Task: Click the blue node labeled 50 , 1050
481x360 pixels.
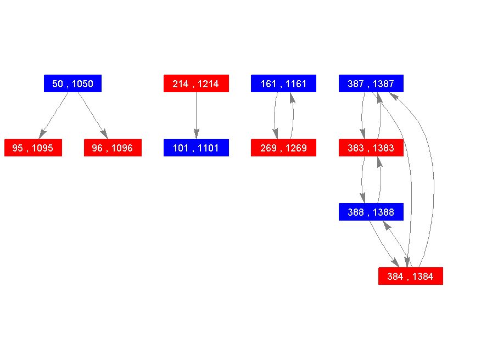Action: pyautogui.click(x=72, y=83)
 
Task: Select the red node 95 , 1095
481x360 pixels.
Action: pyautogui.click(x=33, y=148)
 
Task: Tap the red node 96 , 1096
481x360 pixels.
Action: pyautogui.click(x=113, y=148)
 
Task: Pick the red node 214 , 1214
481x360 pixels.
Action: pyautogui.click(x=196, y=83)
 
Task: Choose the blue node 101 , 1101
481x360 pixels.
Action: pyautogui.click(x=196, y=148)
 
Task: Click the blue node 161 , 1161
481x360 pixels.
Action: pyautogui.click(x=283, y=83)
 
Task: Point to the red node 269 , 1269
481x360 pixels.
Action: pyautogui.click(x=283, y=148)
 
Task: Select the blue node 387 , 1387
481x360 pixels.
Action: pyautogui.click(x=371, y=83)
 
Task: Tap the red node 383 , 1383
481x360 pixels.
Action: pyautogui.click(x=371, y=148)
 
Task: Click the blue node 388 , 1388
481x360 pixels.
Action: pyautogui.click(x=371, y=212)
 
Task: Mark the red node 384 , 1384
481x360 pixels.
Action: pyautogui.click(x=411, y=276)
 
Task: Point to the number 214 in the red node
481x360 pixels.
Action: pyautogui.click(x=181, y=84)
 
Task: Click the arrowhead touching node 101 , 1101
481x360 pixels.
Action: pyautogui.click(x=196, y=134)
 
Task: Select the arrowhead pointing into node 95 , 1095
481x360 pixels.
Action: pyautogui.click(x=42, y=134)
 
